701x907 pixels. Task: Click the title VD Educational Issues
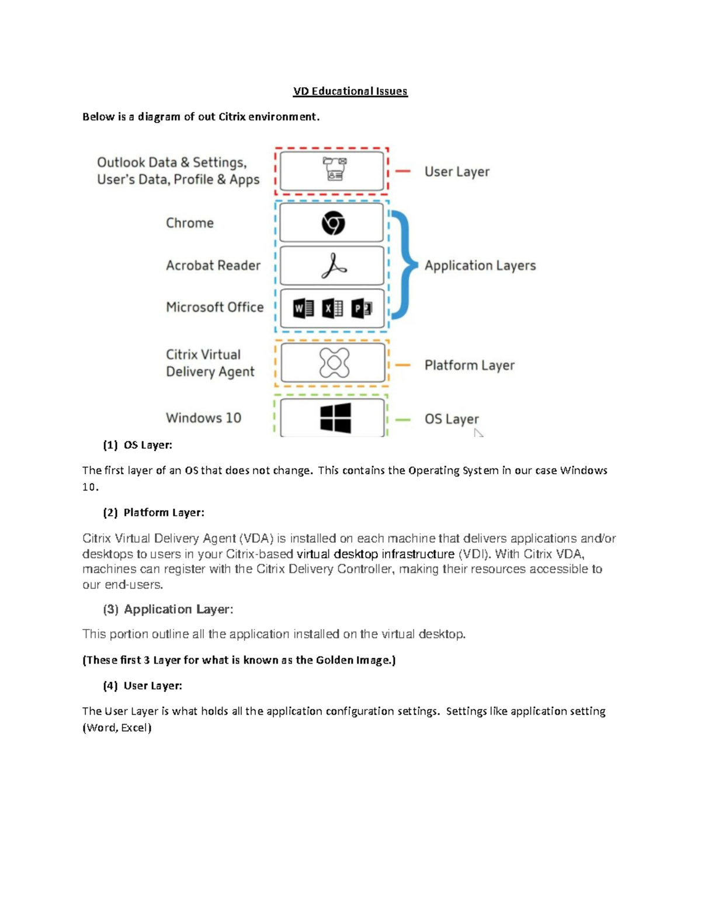350,91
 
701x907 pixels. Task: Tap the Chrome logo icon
333,223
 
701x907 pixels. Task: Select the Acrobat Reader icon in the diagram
334,266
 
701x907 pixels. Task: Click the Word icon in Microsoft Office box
303,308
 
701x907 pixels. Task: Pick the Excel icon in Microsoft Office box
332,308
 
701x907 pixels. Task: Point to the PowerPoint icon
362,308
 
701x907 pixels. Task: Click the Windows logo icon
335,418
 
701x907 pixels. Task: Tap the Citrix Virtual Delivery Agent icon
334,363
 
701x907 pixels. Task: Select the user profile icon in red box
335,169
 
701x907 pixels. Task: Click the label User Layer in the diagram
457,172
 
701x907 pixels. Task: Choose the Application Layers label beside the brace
480,266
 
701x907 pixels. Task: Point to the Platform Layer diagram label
469,366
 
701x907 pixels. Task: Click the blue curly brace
405,265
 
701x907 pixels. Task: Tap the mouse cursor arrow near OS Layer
478,433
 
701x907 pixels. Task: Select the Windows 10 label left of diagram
203,418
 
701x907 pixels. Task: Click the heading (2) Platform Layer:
154,513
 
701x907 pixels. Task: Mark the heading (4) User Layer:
143,686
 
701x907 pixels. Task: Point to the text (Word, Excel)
117,728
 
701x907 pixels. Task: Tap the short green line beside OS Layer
402,419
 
